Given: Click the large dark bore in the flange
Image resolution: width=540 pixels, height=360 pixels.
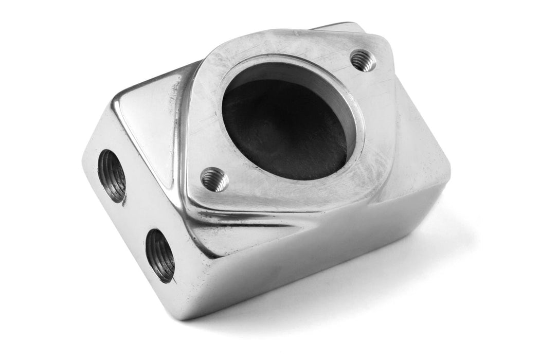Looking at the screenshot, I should pos(285,129).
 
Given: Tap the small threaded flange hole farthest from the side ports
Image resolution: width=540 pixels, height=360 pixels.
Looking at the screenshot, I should pos(363,61).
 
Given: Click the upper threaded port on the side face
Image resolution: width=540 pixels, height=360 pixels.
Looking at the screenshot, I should pos(112,175).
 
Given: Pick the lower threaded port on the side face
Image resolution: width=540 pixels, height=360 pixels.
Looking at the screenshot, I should pos(160,256).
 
